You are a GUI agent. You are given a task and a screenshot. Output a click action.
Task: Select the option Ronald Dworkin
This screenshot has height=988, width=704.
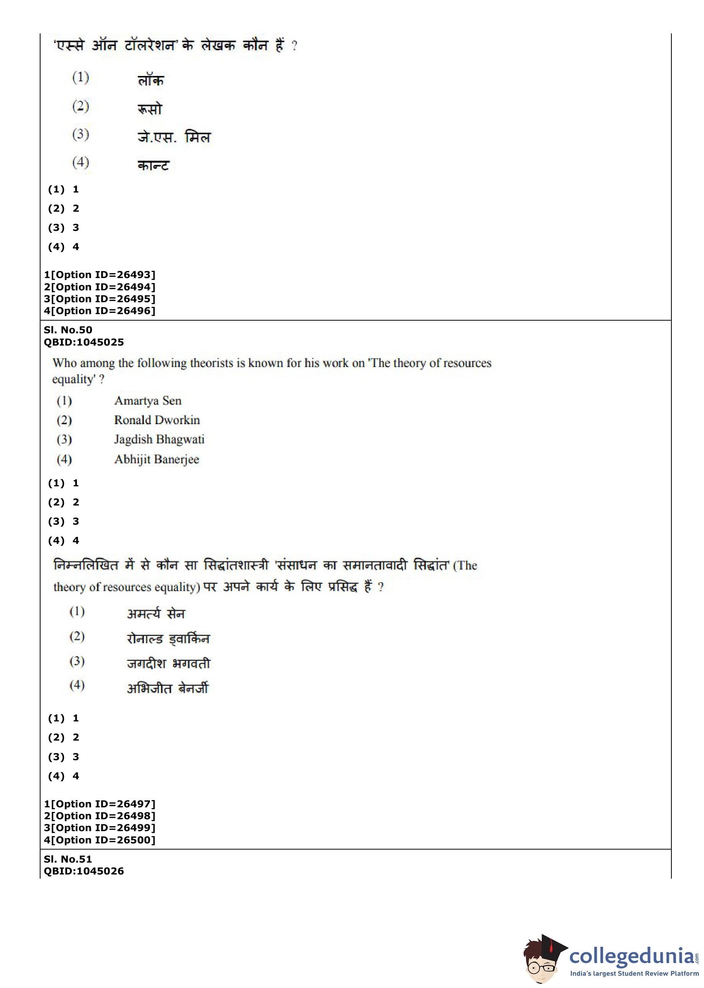(x=157, y=420)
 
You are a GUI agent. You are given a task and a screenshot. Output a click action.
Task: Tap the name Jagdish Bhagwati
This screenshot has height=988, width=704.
(x=159, y=440)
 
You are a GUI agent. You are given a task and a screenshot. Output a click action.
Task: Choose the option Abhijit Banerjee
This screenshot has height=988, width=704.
(x=156, y=459)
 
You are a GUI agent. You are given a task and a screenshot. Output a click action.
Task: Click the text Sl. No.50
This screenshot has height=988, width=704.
(x=68, y=330)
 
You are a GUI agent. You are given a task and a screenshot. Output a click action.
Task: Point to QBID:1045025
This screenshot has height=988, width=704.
(x=84, y=342)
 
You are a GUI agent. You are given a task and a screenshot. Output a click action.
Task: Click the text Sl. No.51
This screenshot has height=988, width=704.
(x=68, y=859)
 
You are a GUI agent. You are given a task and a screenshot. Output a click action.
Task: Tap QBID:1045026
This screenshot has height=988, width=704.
(x=84, y=871)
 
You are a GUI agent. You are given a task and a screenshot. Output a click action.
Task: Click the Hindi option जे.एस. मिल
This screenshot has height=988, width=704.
(x=174, y=137)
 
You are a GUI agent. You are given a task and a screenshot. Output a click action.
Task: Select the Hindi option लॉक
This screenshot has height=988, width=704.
(x=150, y=81)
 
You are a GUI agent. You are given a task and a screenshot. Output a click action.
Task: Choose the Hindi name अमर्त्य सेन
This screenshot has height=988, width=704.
(x=156, y=614)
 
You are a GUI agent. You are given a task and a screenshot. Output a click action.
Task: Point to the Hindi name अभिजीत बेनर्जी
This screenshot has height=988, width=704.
(x=167, y=688)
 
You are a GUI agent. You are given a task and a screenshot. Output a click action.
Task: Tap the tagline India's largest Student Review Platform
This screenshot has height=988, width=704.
(x=634, y=974)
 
